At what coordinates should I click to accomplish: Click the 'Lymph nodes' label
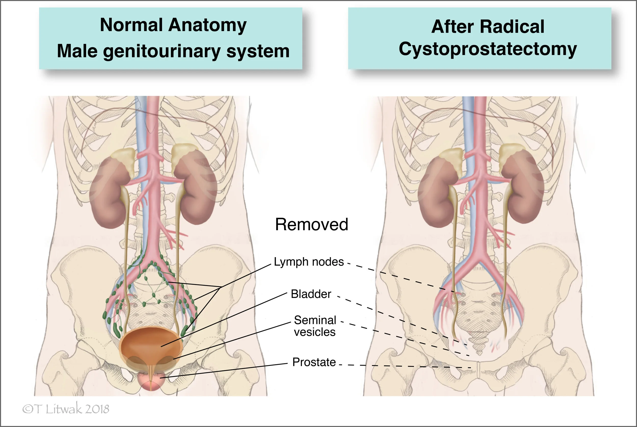309,262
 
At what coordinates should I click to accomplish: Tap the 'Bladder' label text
311,294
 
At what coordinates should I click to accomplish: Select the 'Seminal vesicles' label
315,326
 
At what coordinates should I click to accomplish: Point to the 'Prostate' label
314,362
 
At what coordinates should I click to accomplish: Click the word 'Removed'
311,224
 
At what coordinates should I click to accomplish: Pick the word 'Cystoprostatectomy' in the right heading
488,49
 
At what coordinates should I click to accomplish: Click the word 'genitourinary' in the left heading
162,51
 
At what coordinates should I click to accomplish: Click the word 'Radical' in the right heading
512,27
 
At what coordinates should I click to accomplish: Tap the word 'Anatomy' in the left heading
207,25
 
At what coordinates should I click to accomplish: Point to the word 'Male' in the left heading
77,51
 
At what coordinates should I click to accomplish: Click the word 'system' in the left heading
258,51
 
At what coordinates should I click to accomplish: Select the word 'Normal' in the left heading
131,25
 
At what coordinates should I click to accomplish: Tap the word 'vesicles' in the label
315,332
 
